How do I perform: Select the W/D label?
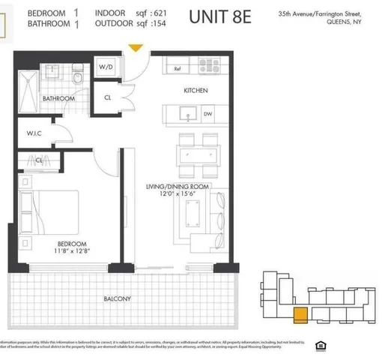(106, 67)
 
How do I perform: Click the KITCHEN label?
(195, 91)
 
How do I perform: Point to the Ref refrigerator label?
(178, 69)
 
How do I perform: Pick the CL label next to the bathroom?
(108, 97)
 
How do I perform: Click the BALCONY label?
(118, 298)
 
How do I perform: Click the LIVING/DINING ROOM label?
(177, 186)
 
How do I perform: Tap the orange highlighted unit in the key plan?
(300, 316)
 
